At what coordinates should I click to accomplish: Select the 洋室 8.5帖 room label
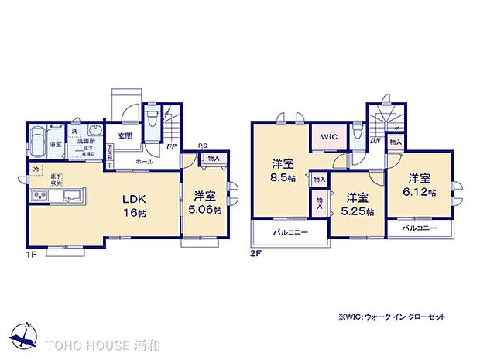coord(282,171)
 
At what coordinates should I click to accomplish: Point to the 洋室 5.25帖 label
coord(357,204)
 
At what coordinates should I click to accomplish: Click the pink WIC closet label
coord(327,136)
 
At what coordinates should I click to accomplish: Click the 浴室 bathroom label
coord(56,144)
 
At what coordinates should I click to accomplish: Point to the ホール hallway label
coord(144,163)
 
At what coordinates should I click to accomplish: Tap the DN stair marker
coord(375,140)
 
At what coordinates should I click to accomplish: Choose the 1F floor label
coord(30,253)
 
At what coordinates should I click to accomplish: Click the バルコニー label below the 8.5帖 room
coord(290,232)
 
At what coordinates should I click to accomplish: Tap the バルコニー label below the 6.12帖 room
coord(419,228)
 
